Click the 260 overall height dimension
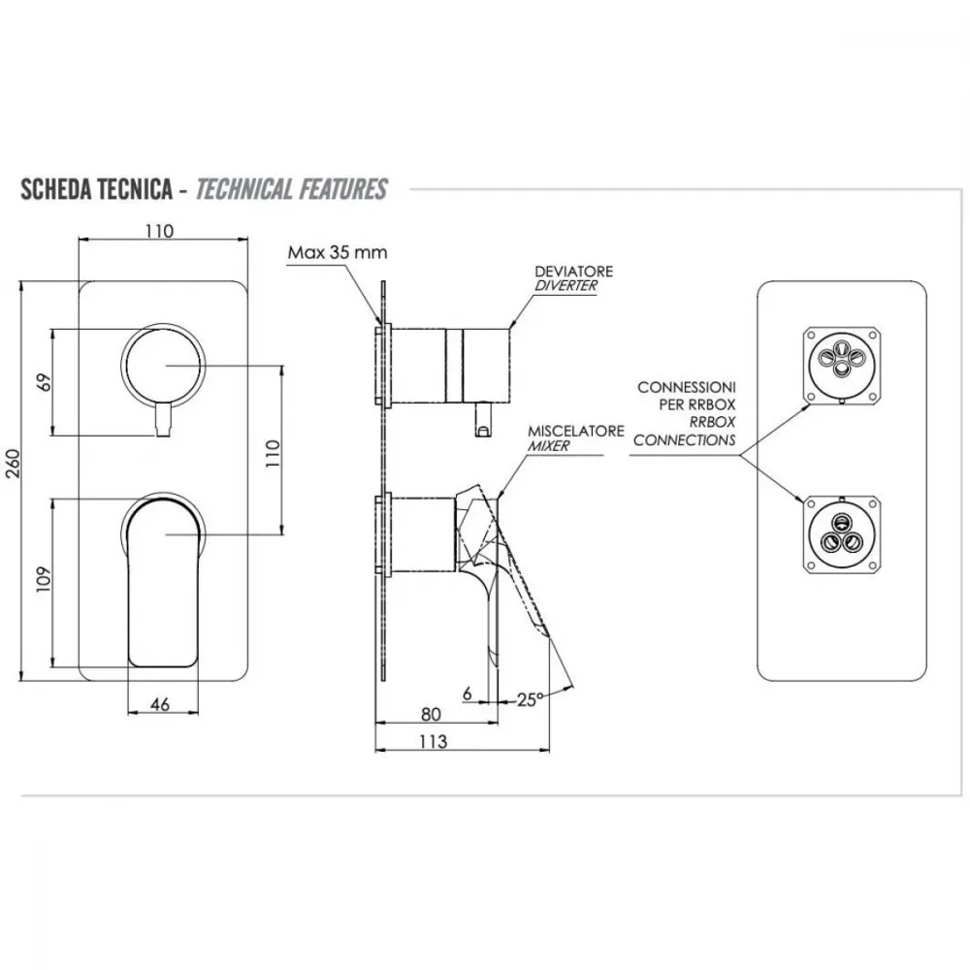pyautogui.click(x=13, y=464)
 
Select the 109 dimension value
pyautogui.click(x=44, y=580)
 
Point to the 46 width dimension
pyautogui.click(x=160, y=704)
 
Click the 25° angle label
pyautogui.click(x=531, y=699)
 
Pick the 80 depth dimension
pyautogui.click(x=431, y=714)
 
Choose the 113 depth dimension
pyautogui.click(x=433, y=741)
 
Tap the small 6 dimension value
pyautogui.click(x=468, y=694)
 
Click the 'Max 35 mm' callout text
pyautogui.click(x=338, y=252)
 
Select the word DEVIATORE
pyautogui.click(x=574, y=271)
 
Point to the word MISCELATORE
pyautogui.click(x=576, y=431)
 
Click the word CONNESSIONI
pyautogui.click(x=687, y=387)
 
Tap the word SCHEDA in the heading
pyautogui.click(x=52, y=189)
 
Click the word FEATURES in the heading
pyautogui.click(x=340, y=189)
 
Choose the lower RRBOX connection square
pyautogui.click(x=841, y=533)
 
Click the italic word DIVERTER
pyautogui.click(x=566, y=286)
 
